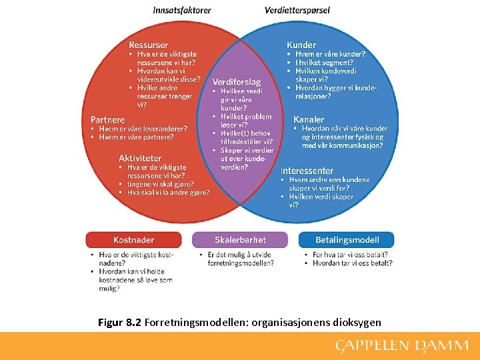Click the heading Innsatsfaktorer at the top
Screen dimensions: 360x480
click(182, 10)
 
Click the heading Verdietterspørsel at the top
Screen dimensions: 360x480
click(297, 10)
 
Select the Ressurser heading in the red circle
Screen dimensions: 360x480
click(148, 45)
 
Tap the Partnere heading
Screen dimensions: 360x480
click(108, 120)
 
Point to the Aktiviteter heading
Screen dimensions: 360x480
click(140, 158)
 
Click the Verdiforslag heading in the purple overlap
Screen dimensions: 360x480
click(237, 81)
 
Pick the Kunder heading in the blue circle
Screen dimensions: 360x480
click(301, 45)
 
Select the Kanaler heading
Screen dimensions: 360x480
click(309, 119)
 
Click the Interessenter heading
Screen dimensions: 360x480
click(307, 171)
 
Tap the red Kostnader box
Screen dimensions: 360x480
click(133, 240)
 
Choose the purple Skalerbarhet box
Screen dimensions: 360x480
click(240, 240)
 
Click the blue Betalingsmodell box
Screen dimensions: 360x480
click(347, 240)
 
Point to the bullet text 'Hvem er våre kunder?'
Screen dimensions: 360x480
click(330, 54)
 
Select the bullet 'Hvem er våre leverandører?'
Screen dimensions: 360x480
click(143, 129)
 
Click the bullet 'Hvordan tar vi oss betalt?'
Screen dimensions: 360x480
click(352, 263)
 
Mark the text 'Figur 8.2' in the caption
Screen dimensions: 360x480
click(119, 323)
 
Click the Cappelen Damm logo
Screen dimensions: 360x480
click(403, 345)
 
